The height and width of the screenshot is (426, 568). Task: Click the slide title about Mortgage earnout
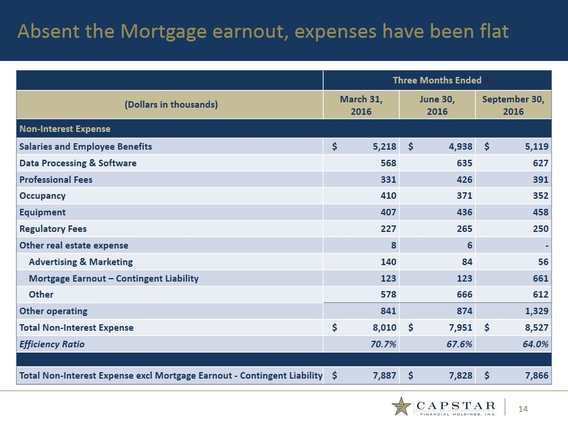263,31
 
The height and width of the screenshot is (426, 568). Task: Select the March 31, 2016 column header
362,105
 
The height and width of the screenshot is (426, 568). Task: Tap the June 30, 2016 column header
437,105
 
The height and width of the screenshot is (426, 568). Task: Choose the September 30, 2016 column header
513,105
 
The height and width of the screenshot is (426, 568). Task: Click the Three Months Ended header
437,80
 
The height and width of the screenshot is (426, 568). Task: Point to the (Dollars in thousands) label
170,105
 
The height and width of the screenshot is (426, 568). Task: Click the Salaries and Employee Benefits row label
86,147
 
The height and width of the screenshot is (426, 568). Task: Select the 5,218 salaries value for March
382,147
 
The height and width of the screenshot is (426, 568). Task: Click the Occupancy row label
43,196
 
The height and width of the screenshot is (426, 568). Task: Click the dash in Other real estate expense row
546,245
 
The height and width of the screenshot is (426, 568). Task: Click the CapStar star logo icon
402,406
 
